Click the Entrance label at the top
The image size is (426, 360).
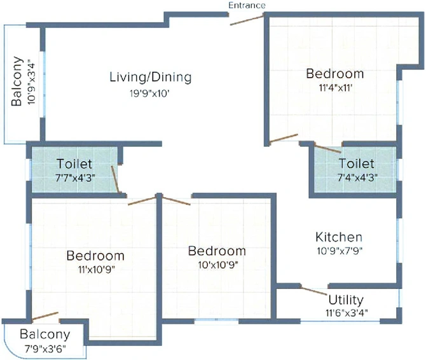coord(247,5)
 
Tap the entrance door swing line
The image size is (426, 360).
coord(247,20)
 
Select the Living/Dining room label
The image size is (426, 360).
coord(151,77)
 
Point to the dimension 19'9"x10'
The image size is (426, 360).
coord(149,93)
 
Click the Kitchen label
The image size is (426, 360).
coord(339,237)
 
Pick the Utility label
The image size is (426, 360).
coord(346,300)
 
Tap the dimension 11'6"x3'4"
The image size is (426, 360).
coord(347,313)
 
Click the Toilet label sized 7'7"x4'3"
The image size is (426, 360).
coord(74,164)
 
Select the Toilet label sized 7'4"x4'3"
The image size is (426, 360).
coord(357,163)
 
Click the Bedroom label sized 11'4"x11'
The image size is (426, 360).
coord(335,74)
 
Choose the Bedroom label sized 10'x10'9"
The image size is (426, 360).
coord(217,251)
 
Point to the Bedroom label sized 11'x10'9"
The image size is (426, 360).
coord(95,256)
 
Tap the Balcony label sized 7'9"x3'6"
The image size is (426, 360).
coord(45,335)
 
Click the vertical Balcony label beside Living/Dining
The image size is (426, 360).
coord(17,81)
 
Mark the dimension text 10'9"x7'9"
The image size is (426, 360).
coord(340,251)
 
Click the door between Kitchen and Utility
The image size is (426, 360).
coord(313,290)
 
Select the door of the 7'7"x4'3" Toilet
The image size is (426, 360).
coord(115,179)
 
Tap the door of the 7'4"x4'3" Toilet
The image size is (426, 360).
coord(327,148)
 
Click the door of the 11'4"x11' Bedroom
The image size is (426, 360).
coord(284,138)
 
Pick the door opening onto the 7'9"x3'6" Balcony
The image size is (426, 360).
coord(45,316)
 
